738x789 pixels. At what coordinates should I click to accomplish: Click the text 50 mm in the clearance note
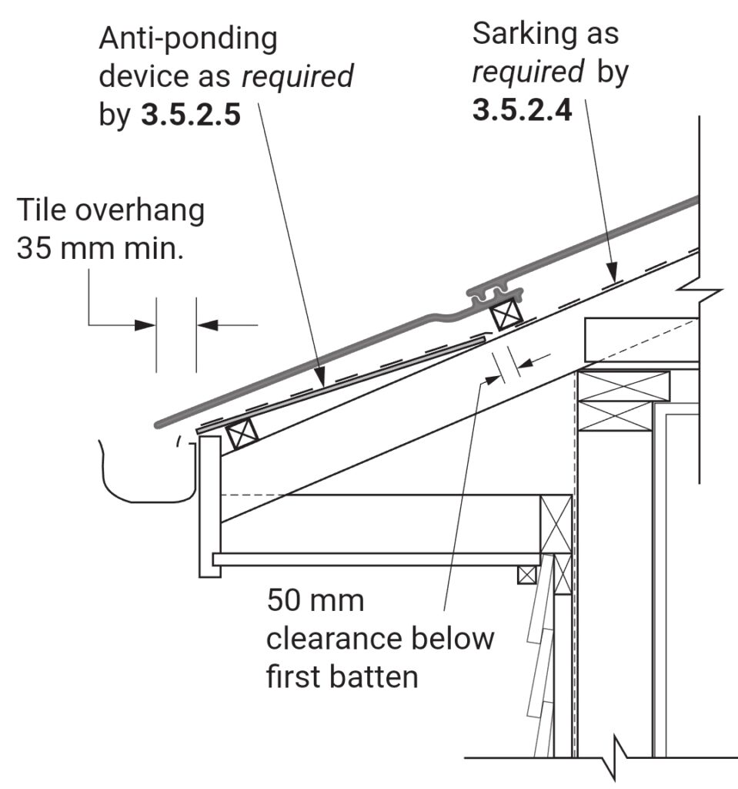316,600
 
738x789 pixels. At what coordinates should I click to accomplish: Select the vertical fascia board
209,505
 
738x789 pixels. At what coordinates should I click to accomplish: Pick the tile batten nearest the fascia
242,433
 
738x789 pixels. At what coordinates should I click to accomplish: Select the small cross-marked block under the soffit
527,574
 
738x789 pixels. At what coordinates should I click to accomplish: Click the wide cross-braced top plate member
623,400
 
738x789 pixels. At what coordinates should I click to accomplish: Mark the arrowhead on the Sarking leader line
613,272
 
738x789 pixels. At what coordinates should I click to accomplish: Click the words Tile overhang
111,210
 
